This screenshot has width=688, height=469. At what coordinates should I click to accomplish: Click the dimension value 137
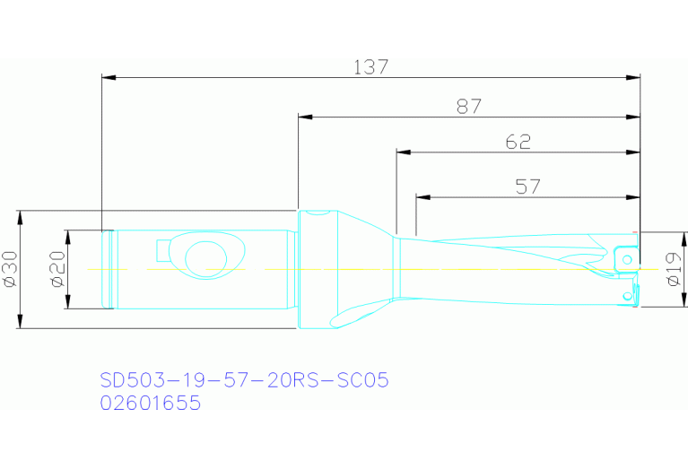point(370,67)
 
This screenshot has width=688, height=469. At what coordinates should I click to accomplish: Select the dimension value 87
point(468,107)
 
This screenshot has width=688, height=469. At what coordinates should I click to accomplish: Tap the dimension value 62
point(518,142)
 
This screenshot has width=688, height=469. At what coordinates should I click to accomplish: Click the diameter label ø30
point(10,269)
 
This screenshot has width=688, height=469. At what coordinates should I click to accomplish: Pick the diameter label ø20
point(57,269)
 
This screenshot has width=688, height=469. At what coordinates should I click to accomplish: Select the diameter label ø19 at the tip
point(675,269)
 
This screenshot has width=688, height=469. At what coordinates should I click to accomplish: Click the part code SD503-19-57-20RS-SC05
point(244,381)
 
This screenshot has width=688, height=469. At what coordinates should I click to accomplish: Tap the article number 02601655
point(150,404)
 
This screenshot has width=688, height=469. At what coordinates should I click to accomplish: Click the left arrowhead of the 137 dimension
point(109,78)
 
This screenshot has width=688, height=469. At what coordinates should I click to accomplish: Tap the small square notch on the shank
point(166,248)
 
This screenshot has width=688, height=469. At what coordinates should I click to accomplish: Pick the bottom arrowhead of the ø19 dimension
point(661,302)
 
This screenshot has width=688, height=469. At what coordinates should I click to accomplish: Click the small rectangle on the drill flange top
point(316,214)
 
